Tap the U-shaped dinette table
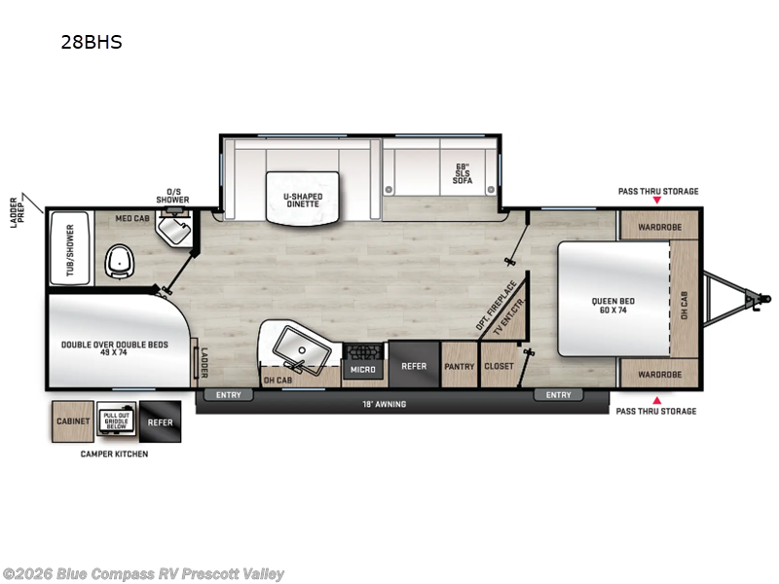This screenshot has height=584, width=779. [303, 198]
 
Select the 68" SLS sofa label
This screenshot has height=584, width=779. [462, 172]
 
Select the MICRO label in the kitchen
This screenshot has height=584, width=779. [363, 369]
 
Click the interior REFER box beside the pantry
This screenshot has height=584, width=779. [414, 367]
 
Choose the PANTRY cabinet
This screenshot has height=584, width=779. [459, 367]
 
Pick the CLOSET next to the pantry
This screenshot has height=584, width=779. [498, 367]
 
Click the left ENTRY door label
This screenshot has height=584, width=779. [229, 394]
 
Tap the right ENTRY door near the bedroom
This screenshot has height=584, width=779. [558, 394]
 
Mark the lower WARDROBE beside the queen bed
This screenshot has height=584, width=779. [659, 374]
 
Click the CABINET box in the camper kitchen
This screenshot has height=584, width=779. [73, 421]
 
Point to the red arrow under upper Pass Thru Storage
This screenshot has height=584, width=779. [657, 201]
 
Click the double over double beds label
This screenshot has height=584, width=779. [115, 347]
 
